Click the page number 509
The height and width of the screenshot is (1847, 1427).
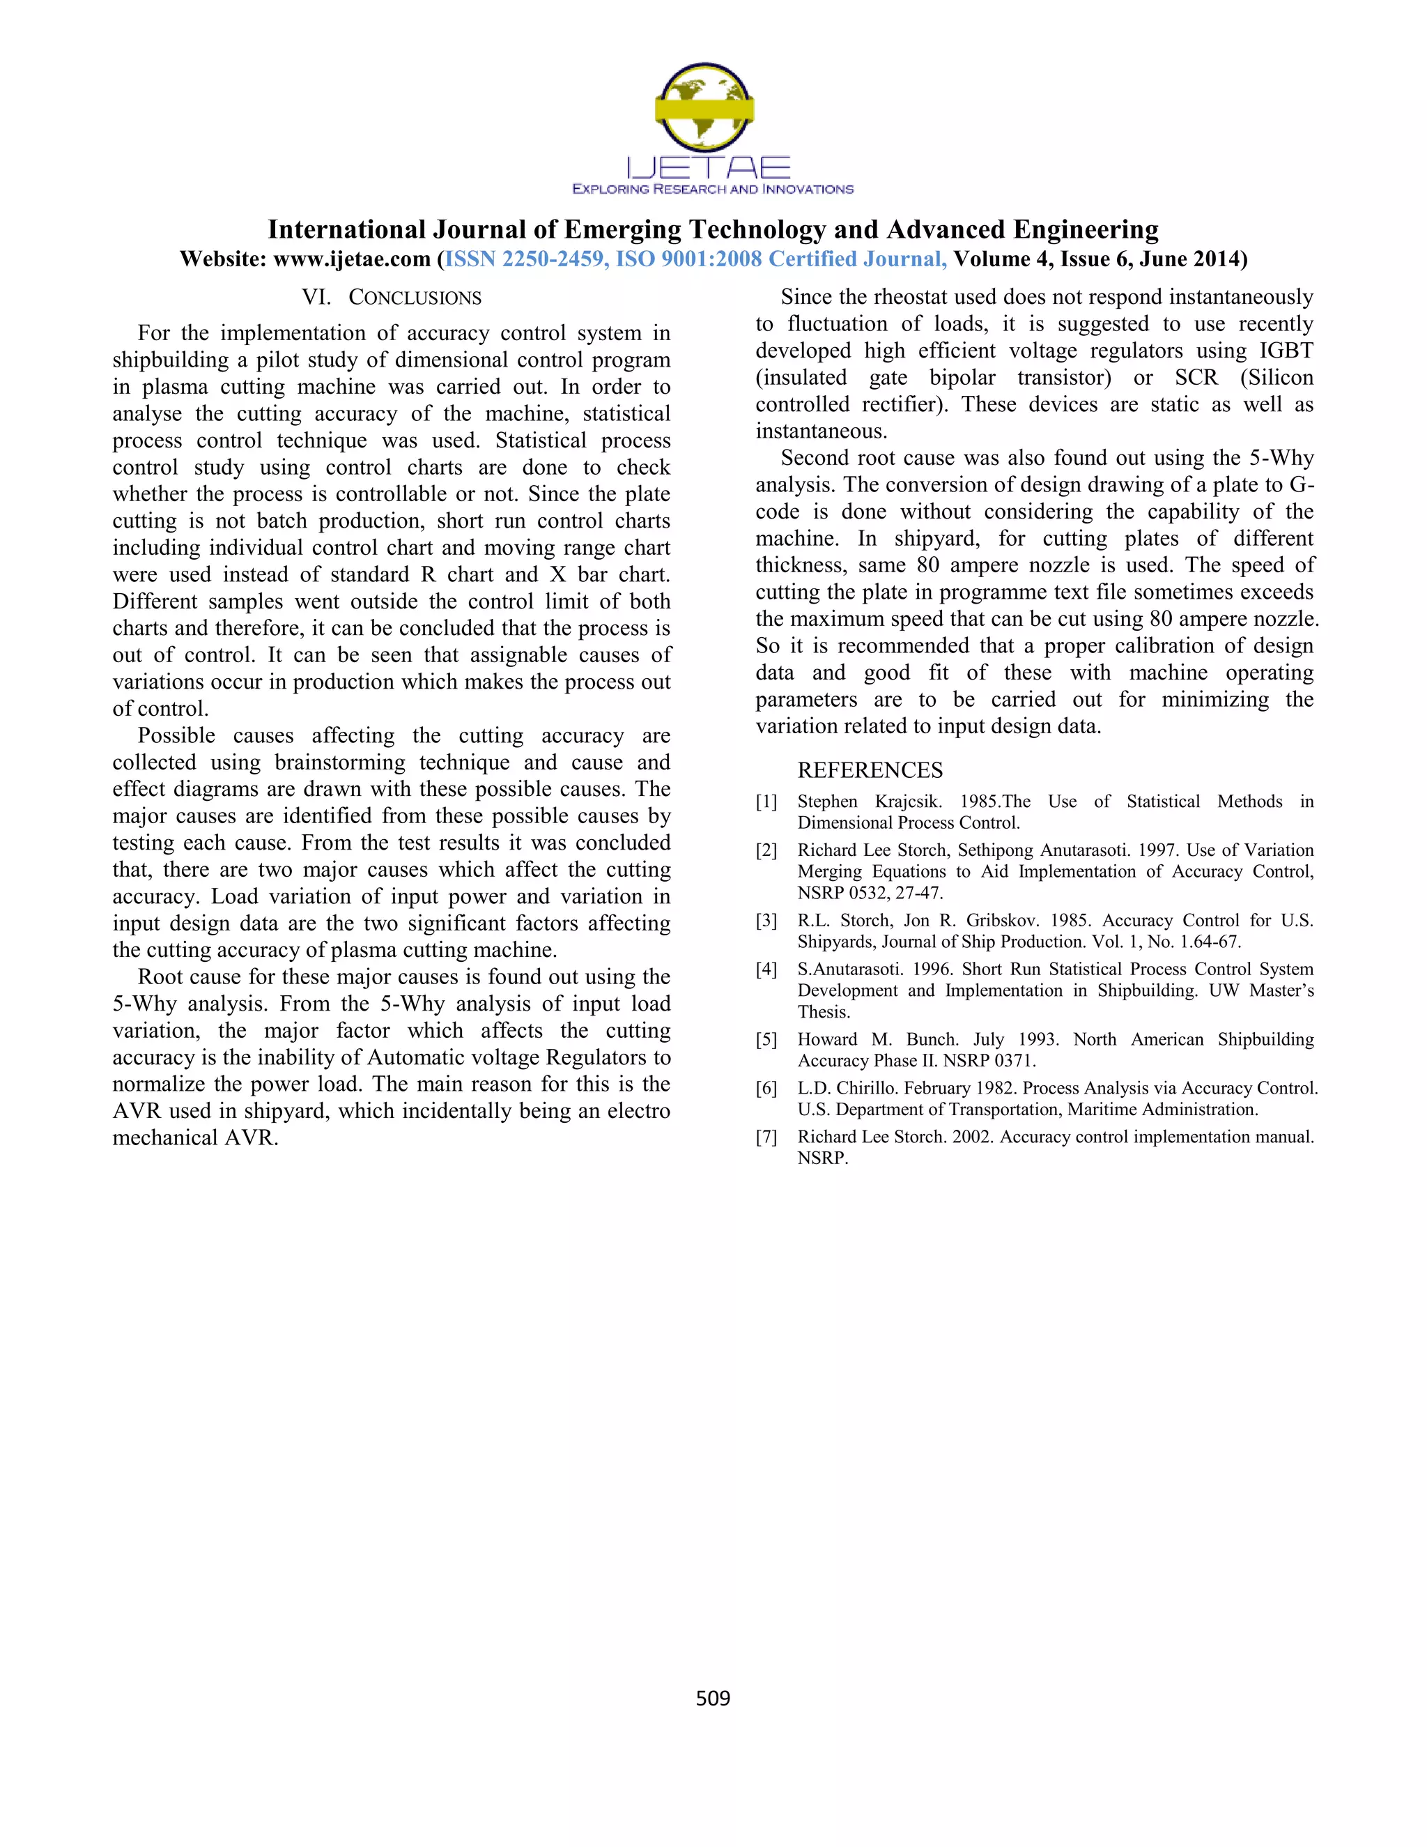click(713, 1697)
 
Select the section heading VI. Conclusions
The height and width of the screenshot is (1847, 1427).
click(392, 298)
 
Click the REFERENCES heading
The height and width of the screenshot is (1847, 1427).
click(870, 770)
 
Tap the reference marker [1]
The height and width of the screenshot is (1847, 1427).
click(766, 802)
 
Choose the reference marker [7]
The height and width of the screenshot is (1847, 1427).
click(766, 1137)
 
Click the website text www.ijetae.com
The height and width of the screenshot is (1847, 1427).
click(352, 259)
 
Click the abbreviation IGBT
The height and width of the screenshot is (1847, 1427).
click(1286, 351)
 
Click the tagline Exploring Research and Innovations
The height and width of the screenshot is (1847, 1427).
click(713, 190)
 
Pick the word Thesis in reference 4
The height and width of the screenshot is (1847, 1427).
click(824, 1012)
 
